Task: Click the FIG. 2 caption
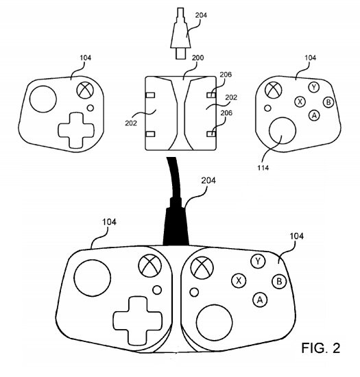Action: (x=321, y=348)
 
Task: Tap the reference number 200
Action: (x=197, y=58)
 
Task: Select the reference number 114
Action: (x=263, y=167)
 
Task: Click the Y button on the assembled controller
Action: (x=258, y=261)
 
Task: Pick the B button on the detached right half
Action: (x=328, y=102)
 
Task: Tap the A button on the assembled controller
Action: (x=260, y=300)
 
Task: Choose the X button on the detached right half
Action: (x=300, y=101)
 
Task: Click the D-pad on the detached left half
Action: (x=76, y=130)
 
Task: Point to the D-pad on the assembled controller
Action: (x=137, y=321)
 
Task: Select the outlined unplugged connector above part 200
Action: (x=180, y=33)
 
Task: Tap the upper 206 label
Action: (x=226, y=75)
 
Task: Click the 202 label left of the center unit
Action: (x=131, y=123)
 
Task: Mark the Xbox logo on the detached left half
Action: (x=85, y=90)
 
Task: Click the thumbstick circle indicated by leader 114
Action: (x=283, y=130)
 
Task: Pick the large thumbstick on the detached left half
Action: (x=43, y=99)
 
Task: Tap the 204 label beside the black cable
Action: (x=208, y=180)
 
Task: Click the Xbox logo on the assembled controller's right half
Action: (x=202, y=268)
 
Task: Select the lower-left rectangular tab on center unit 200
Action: (x=150, y=134)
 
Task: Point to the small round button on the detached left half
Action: (x=91, y=108)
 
